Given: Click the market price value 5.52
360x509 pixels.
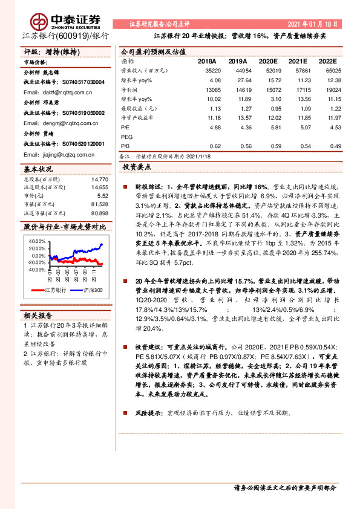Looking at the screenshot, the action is [102, 196].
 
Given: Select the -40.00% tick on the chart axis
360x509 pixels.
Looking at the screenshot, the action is [36, 270].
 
